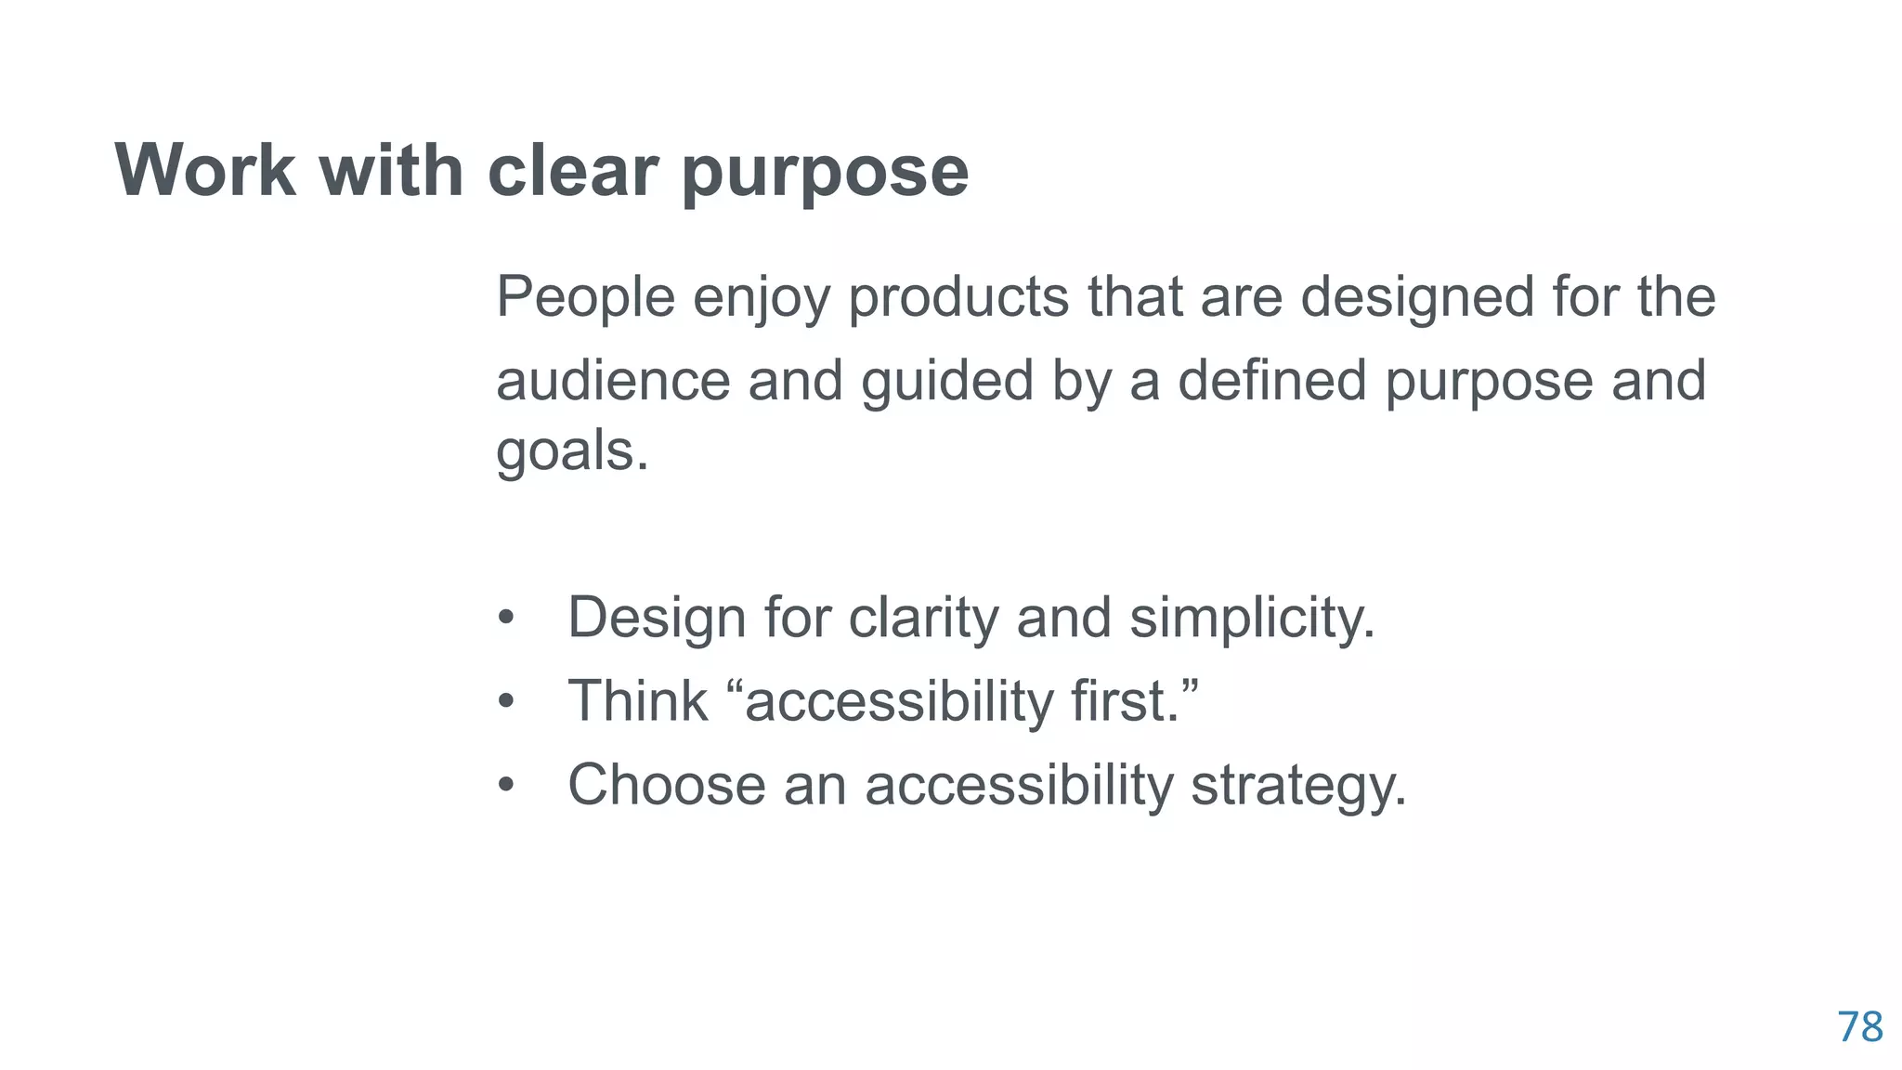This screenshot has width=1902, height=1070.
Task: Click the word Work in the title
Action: pos(205,171)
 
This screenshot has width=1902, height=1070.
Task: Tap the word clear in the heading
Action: pos(572,171)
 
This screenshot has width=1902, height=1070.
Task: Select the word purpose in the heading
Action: pos(825,175)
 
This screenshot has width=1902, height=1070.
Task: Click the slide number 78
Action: pos(1859,1027)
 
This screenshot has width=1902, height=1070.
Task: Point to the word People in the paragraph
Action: pos(585,297)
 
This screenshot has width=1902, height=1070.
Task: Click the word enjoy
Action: pos(761,299)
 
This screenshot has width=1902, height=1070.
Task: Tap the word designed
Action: pos(1416,299)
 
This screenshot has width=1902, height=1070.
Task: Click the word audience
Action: pos(613,381)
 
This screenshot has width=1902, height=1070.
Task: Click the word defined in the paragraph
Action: pos(1271,381)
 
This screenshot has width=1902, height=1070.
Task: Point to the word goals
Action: pos(570,453)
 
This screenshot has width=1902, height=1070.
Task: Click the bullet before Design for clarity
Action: pos(505,619)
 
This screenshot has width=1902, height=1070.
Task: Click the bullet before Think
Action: pos(505,702)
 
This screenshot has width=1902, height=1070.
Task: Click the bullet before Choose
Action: pos(505,786)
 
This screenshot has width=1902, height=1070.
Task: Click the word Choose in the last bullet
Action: pos(666,785)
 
